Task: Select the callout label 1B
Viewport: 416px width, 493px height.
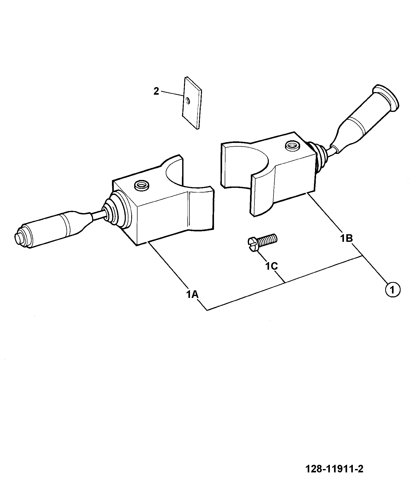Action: tap(347, 238)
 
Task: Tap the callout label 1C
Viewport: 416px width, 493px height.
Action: tap(271, 266)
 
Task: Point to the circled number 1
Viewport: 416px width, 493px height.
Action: tap(392, 290)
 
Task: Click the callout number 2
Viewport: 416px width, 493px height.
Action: tap(156, 92)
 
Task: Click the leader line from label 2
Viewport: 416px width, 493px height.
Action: tap(171, 94)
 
